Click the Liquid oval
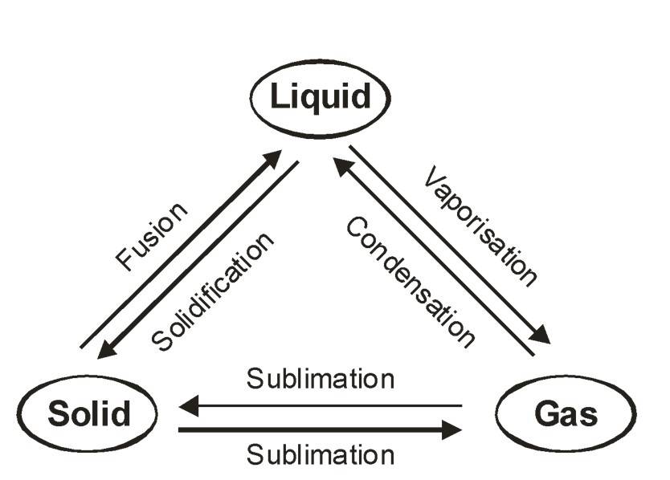pos(321,97)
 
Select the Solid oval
pos(88,414)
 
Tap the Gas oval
pos(566,415)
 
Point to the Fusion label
pos(153,235)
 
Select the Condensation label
pos(411,282)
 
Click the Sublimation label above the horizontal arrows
pos(321,378)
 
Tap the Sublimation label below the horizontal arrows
pos(321,455)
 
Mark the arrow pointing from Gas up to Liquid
pos(434,257)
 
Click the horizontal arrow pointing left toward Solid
pos(321,406)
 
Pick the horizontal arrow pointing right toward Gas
pos(321,430)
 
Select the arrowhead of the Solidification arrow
pos(107,351)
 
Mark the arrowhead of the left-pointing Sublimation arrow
pos(190,406)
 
